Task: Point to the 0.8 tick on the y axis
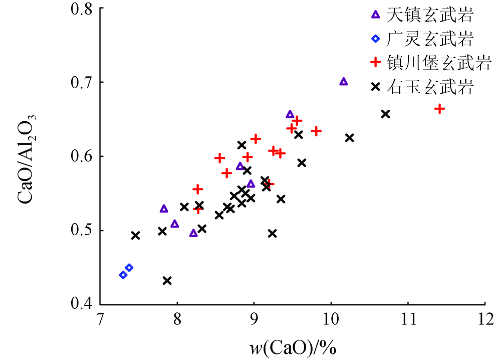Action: [x=85, y=9]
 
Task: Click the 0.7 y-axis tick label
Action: [x=85, y=82]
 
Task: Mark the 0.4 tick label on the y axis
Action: [x=85, y=304]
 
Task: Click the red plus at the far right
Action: [x=440, y=109]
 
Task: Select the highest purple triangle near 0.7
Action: [x=344, y=82]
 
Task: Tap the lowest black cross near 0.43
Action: [x=167, y=280]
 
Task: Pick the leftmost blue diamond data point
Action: [x=123, y=275]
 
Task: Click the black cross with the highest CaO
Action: [x=385, y=114]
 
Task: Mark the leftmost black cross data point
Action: [x=135, y=235]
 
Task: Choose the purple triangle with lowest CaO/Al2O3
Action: [x=193, y=233]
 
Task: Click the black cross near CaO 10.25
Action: [x=350, y=137]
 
